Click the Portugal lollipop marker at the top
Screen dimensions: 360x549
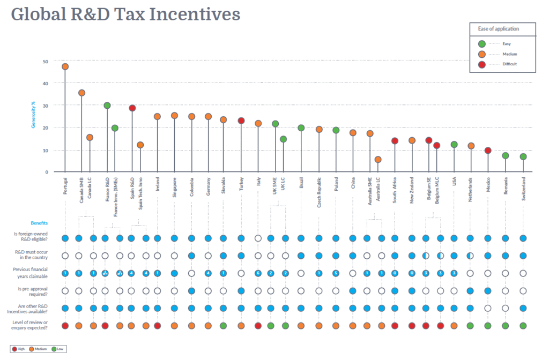click(65, 66)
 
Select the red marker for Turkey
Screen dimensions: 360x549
click(241, 121)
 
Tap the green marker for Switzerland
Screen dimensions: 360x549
click(523, 156)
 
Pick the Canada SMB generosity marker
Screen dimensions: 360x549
click(81, 93)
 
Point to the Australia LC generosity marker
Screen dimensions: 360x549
click(378, 159)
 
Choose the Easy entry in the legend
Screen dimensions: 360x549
click(506, 43)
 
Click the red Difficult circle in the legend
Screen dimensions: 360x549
click(481, 64)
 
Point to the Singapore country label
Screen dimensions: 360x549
click(174, 188)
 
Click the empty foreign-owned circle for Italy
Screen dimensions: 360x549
click(258, 238)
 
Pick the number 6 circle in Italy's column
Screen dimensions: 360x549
click(258, 273)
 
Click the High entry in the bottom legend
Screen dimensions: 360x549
click(20, 349)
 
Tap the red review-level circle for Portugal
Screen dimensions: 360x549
click(65, 325)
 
